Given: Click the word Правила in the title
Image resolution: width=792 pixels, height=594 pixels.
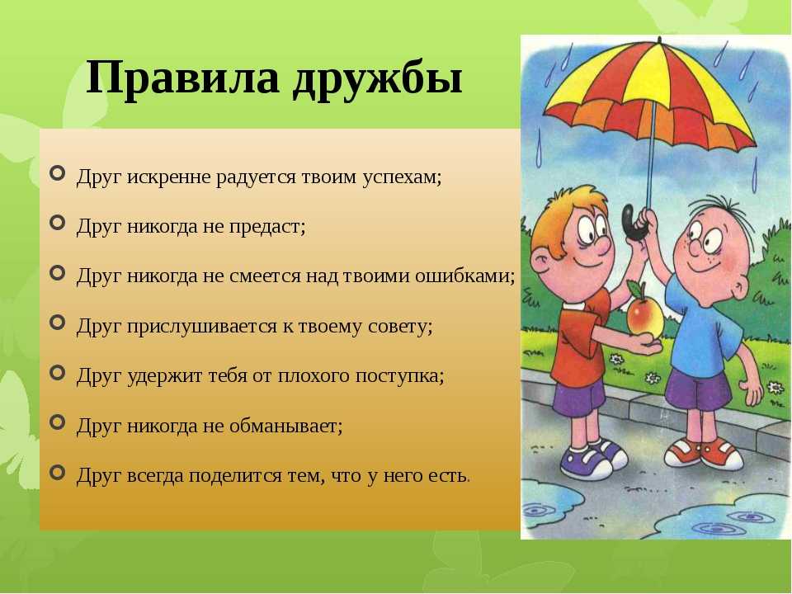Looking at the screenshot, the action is pos(182,77).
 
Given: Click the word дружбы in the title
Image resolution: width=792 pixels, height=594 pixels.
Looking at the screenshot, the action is pos(377,79).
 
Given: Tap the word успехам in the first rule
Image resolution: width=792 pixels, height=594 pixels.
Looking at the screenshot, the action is pos(402,178).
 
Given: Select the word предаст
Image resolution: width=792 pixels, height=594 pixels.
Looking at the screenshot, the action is pos(267,228).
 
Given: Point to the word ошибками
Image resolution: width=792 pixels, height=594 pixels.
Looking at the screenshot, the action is pos(465,276).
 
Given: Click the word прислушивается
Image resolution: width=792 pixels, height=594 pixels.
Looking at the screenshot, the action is pos(201,327).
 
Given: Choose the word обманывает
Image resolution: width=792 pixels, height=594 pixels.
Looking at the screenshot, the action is pos(286,426).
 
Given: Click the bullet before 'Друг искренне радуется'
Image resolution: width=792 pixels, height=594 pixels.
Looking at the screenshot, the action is pos(58,173).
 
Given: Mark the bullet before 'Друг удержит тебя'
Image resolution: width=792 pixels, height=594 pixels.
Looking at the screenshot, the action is pos(58,373).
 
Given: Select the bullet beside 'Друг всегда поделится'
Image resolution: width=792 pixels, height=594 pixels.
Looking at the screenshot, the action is pos(58,473).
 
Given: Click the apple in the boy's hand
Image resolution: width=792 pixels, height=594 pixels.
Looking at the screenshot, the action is pos(644,316).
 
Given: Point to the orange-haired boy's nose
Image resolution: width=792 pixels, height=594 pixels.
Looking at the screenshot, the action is pos(602,246).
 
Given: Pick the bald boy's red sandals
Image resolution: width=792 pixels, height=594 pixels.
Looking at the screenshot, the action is pos(703,453).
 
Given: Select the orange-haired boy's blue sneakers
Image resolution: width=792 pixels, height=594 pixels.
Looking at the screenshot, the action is pos(594,457).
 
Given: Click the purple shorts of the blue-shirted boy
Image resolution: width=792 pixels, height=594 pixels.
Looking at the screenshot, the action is pos(698,389).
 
